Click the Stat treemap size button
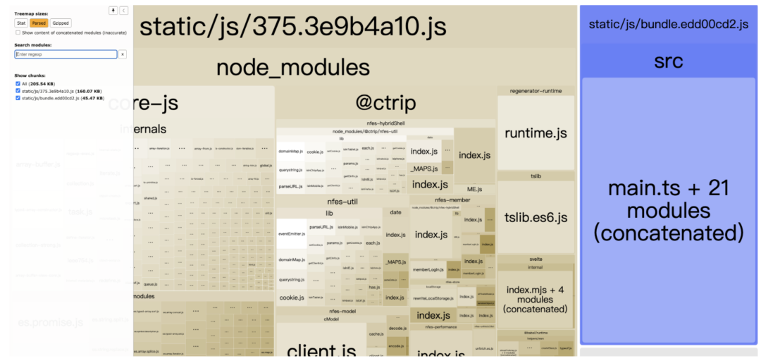point(21,23)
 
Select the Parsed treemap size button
point(38,23)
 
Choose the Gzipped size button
point(61,23)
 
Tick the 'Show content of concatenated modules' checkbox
point(18,32)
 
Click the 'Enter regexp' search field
point(66,54)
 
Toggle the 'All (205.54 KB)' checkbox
point(18,84)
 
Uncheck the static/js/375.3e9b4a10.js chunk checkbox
point(18,91)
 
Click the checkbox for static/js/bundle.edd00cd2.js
point(18,98)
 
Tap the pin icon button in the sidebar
point(113,11)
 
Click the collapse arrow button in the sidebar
point(123,11)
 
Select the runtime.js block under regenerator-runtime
point(536,133)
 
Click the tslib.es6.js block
point(536,217)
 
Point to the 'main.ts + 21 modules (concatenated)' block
point(668,210)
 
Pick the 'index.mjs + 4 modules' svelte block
point(536,299)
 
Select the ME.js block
point(474,189)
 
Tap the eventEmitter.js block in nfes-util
point(291,233)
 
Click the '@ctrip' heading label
point(385,104)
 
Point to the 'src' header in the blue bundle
point(668,61)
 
